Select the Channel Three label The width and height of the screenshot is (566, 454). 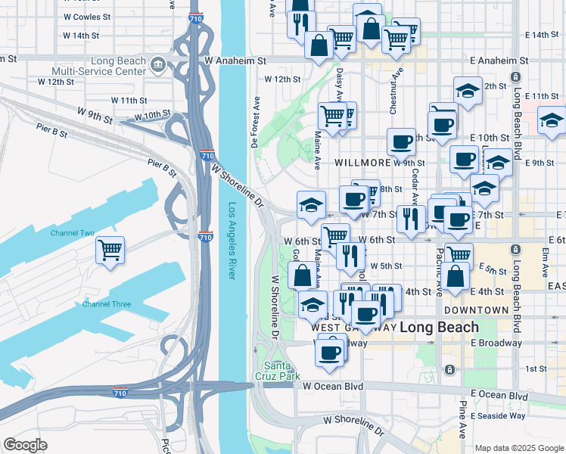point(107,304)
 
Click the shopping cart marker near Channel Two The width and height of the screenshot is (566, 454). point(110,250)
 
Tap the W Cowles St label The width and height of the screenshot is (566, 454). point(86,15)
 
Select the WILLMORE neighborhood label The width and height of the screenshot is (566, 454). point(362,163)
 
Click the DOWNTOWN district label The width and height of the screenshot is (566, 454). point(476,310)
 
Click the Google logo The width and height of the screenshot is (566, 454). point(25,445)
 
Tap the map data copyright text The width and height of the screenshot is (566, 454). point(519,448)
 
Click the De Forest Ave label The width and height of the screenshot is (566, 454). point(256,121)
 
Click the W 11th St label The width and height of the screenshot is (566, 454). point(129,100)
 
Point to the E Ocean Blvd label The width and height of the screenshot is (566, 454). point(499,395)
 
